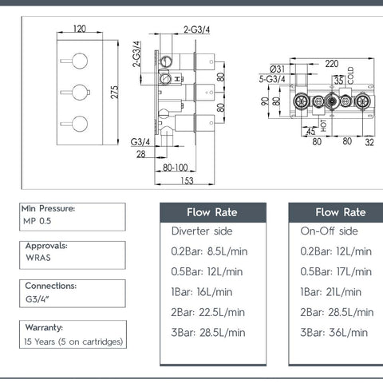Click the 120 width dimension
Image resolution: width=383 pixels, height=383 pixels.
coord(80,29)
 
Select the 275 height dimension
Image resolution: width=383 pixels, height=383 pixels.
coord(114,93)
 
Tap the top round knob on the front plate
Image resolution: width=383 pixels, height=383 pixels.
coord(80,61)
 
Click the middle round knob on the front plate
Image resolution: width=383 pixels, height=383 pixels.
coord(80,93)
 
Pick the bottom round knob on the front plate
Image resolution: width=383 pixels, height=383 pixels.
coord(80,124)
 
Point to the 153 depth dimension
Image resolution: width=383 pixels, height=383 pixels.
coord(187,181)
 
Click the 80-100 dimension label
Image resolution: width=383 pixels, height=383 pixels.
coord(176,168)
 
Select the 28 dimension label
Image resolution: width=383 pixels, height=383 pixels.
coord(141,154)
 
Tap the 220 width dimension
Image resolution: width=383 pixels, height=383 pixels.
coord(332,64)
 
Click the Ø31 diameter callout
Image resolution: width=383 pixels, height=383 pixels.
coord(277,69)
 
